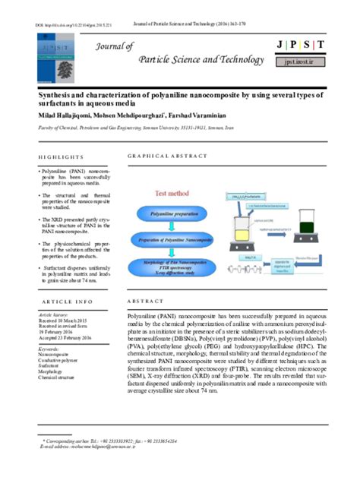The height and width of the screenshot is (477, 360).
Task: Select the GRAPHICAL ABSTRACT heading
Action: tap(167, 156)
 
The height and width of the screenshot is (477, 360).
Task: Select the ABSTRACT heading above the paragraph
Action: tap(146, 302)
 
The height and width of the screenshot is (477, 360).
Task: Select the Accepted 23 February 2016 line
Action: tap(65, 337)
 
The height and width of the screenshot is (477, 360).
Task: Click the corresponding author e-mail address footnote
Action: tap(84, 447)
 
